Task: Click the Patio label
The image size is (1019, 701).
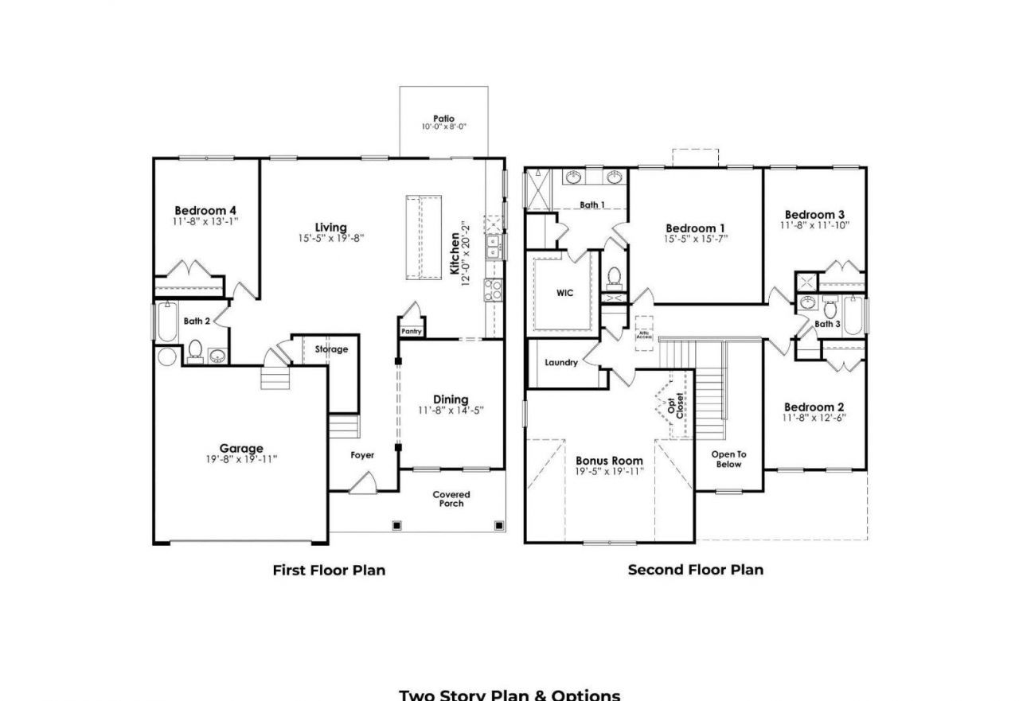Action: pos(443,119)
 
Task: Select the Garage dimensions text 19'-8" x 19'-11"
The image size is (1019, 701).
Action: pos(241,459)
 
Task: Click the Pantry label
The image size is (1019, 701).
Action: pos(412,331)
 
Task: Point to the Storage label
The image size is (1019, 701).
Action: pos(331,349)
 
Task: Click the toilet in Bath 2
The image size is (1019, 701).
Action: pos(194,349)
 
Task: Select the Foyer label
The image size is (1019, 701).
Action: pos(362,455)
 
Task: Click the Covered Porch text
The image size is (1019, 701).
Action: pos(451,499)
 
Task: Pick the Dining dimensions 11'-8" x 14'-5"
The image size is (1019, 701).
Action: pos(451,411)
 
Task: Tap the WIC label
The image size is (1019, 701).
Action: pos(564,293)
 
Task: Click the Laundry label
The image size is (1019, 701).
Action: pos(561,363)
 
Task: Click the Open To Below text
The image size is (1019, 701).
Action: pos(728,459)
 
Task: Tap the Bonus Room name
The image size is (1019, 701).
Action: pos(609,461)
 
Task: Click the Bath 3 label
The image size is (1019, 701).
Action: pos(827,324)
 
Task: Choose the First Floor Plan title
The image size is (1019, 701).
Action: pos(329,570)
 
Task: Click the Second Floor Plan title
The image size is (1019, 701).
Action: pos(695,570)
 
